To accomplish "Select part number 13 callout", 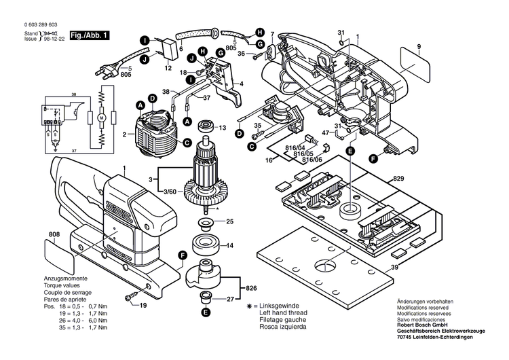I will (x=221, y=127).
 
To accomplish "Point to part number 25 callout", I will (x=229, y=221).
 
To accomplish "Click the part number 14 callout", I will (x=229, y=245).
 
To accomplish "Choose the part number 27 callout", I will (x=229, y=298).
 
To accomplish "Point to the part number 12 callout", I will (x=168, y=68).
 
